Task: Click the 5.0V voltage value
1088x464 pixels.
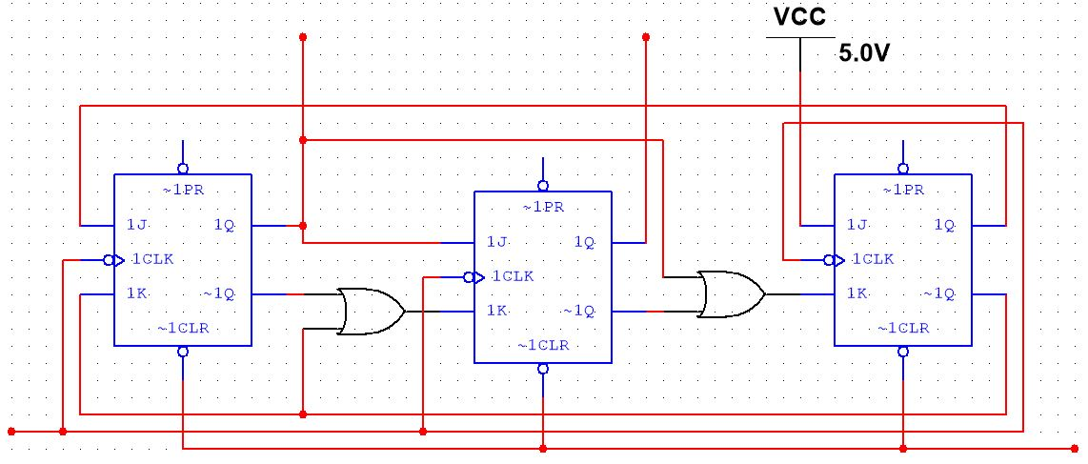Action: pos(864,54)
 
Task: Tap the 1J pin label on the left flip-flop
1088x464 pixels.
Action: pos(135,226)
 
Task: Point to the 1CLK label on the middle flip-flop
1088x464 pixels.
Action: pos(513,277)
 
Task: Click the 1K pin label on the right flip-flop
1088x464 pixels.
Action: pos(856,294)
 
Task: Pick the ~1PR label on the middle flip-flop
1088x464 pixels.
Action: pos(542,207)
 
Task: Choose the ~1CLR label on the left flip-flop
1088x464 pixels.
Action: pos(183,329)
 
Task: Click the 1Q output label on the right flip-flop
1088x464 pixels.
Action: pos(944,226)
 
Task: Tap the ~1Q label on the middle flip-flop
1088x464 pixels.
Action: pos(578,311)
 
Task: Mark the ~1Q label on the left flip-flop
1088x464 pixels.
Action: pos(218,294)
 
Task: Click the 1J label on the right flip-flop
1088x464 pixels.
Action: pos(856,226)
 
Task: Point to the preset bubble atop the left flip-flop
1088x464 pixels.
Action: pos(183,169)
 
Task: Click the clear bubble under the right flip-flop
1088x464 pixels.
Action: pos(903,352)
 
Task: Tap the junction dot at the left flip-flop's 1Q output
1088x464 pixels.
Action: pos(302,226)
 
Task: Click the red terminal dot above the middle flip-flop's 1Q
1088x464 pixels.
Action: pos(646,37)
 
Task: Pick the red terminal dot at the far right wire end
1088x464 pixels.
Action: pos(1076,448)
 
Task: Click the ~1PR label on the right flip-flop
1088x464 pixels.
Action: pos(902,190)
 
